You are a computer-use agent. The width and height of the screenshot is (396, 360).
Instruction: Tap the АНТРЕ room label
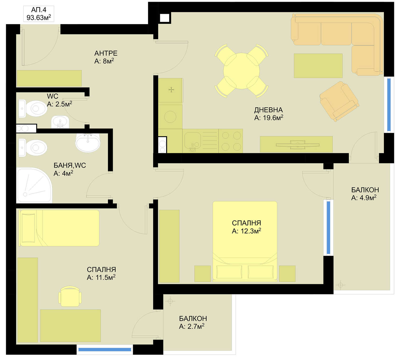tap(106, 53)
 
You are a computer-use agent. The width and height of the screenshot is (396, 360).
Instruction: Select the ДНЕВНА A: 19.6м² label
tap(269, 114)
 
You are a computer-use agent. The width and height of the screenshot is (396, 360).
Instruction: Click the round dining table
tap(242, 71)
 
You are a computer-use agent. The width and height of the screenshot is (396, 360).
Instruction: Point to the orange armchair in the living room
tap(339, 101)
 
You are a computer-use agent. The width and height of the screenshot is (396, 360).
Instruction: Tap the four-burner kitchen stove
tap(230, 141)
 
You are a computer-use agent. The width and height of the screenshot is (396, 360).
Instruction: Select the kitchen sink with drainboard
tap(200, 141)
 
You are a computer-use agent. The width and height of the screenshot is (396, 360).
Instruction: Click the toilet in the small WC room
tap(33, 108)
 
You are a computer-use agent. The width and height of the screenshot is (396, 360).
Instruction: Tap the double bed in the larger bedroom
tap(245, 241)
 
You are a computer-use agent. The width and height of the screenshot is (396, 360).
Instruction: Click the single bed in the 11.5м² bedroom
tap(59, 228)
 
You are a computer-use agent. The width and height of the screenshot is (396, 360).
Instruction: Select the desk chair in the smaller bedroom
tap(70, 296)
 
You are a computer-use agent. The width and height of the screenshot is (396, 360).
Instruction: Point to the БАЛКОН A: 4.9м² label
tap(365, 194)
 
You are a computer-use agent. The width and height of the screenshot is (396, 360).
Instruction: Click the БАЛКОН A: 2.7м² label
tap(193, 323)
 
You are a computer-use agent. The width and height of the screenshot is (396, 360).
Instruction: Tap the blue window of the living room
tap(389, 105)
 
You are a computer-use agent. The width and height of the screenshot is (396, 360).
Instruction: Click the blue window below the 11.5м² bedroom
tap(105, 349)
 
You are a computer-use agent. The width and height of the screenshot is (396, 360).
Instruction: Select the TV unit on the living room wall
tap(296, 144)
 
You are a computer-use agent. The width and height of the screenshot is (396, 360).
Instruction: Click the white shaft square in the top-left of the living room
tap(164, 18)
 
